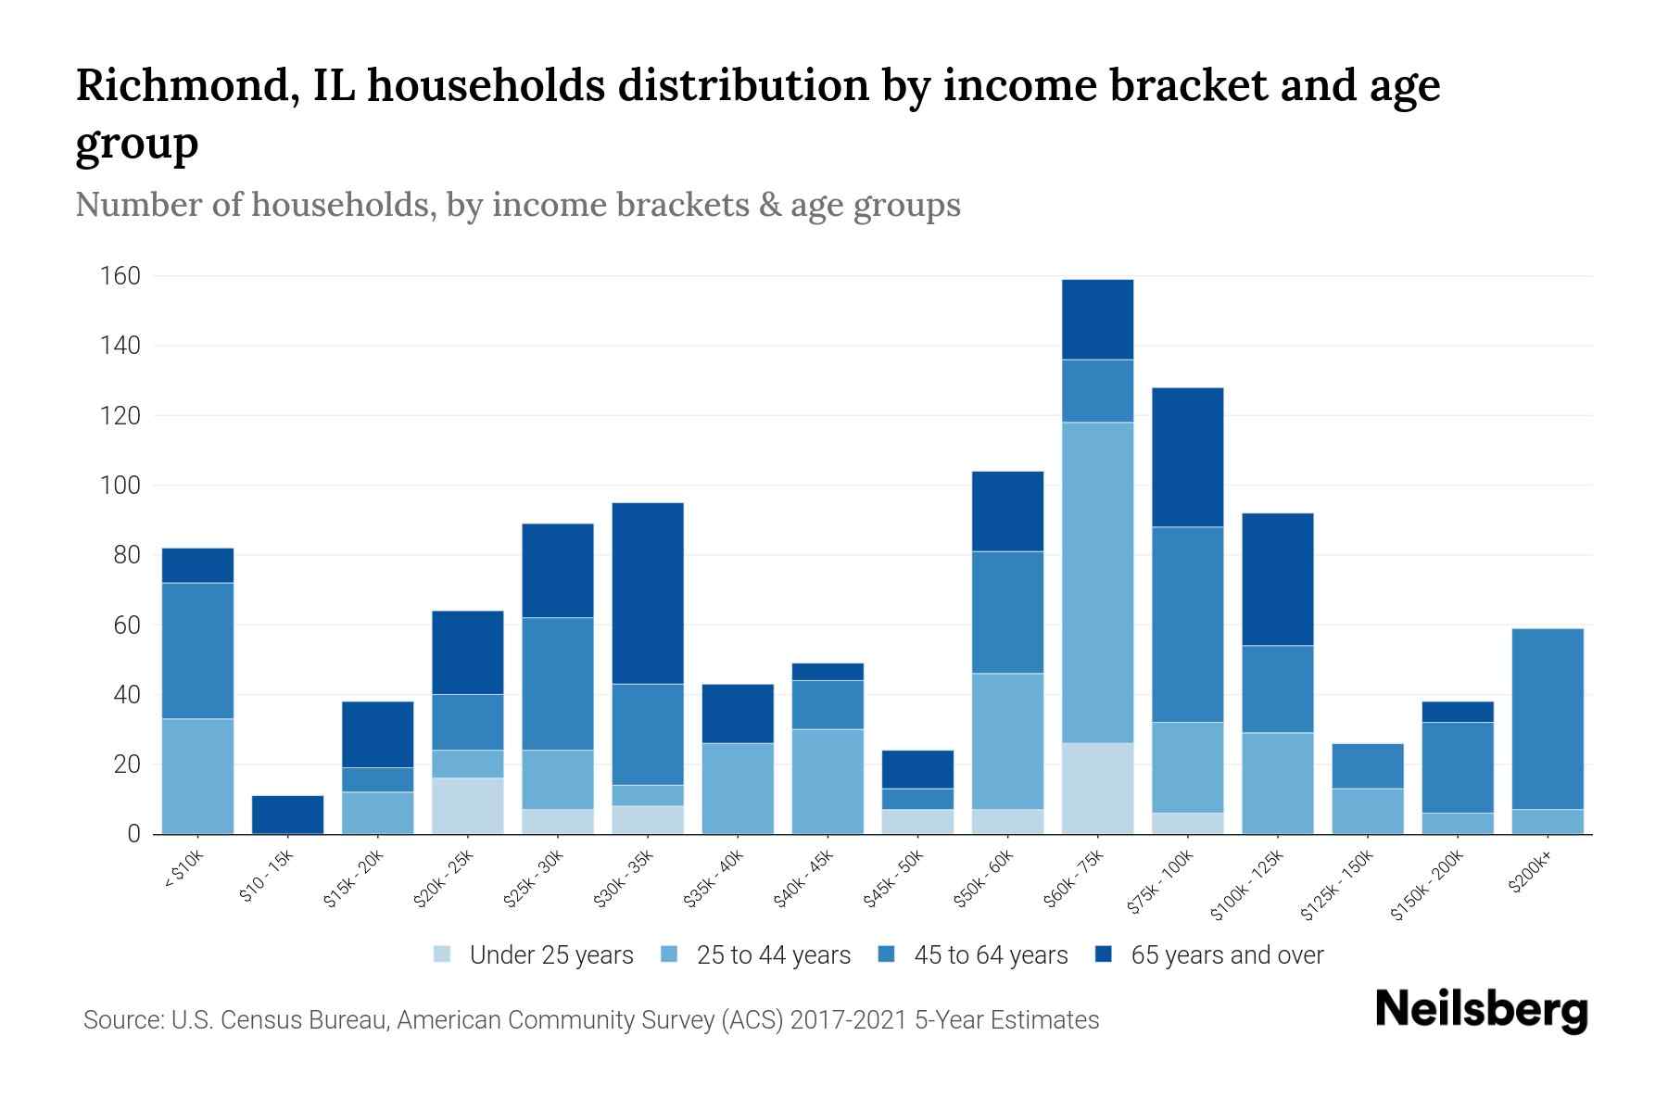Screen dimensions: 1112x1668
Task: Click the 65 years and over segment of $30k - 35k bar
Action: click(x=648, y=593)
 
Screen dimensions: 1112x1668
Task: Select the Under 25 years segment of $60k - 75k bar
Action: click(x=1097, y=788)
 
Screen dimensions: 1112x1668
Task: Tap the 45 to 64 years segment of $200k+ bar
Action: click(x=1548, y=719)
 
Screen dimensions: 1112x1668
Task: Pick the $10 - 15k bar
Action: click(x=287, y=815)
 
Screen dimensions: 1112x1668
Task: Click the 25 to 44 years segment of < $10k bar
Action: click(x=197, y=777)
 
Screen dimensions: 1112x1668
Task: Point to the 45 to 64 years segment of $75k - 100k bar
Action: click(x=1187, y=625)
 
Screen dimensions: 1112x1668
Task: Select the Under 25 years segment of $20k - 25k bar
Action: click(x=467, y=806)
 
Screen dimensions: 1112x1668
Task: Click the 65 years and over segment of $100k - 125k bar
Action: click(x=1277, y=579)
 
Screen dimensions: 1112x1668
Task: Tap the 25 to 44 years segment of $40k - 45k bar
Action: click(x=828, y=781)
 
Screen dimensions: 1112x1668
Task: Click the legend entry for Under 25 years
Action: click(x=551, y=955)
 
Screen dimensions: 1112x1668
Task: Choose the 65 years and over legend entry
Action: click(x=1227, y=955)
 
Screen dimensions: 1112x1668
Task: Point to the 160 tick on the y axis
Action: click(x=120, y=276)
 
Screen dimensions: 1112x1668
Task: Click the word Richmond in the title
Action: click(x=181, y=85)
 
